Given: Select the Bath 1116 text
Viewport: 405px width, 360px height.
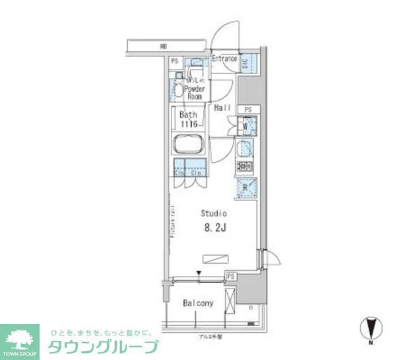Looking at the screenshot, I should (x=188, y=119).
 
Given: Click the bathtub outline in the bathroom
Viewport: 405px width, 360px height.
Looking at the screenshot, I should (x=188, y=146).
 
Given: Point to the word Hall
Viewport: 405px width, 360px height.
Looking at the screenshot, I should (x=221, y=108).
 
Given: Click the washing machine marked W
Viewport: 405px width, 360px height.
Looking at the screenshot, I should (x=246, y=126).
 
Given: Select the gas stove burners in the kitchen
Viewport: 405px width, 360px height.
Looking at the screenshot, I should (x=245, y=168).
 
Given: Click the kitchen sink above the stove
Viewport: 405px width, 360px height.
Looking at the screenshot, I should (x=245, y=149).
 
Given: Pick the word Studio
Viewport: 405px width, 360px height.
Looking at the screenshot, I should (x=214, y=213).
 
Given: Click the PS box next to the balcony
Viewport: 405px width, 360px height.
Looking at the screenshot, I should (x=231, y=276).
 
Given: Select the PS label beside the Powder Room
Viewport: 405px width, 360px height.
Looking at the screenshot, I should (x=174, y=61).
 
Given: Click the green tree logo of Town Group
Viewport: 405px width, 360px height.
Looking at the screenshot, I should (x=21, y=335).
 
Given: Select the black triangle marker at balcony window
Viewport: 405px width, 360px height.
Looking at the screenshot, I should (x=199, y=273).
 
